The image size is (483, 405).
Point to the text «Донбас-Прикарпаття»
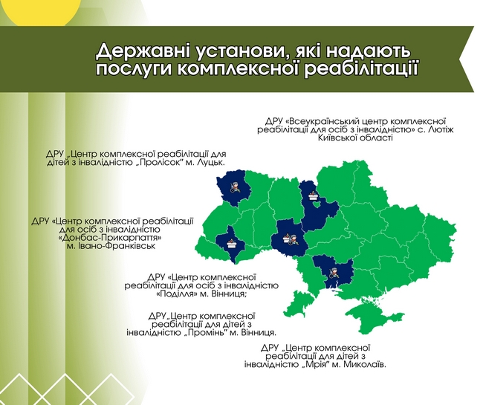click(x=110, y=238)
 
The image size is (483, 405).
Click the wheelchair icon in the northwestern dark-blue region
click(x=235, y=187)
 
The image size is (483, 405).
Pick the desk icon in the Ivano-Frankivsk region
click(x=231, y=243)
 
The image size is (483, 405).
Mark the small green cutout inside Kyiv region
click(x=316, y=204)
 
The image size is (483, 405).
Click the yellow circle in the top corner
click(x=43, y=12)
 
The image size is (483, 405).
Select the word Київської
click(x=337, y=137)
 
